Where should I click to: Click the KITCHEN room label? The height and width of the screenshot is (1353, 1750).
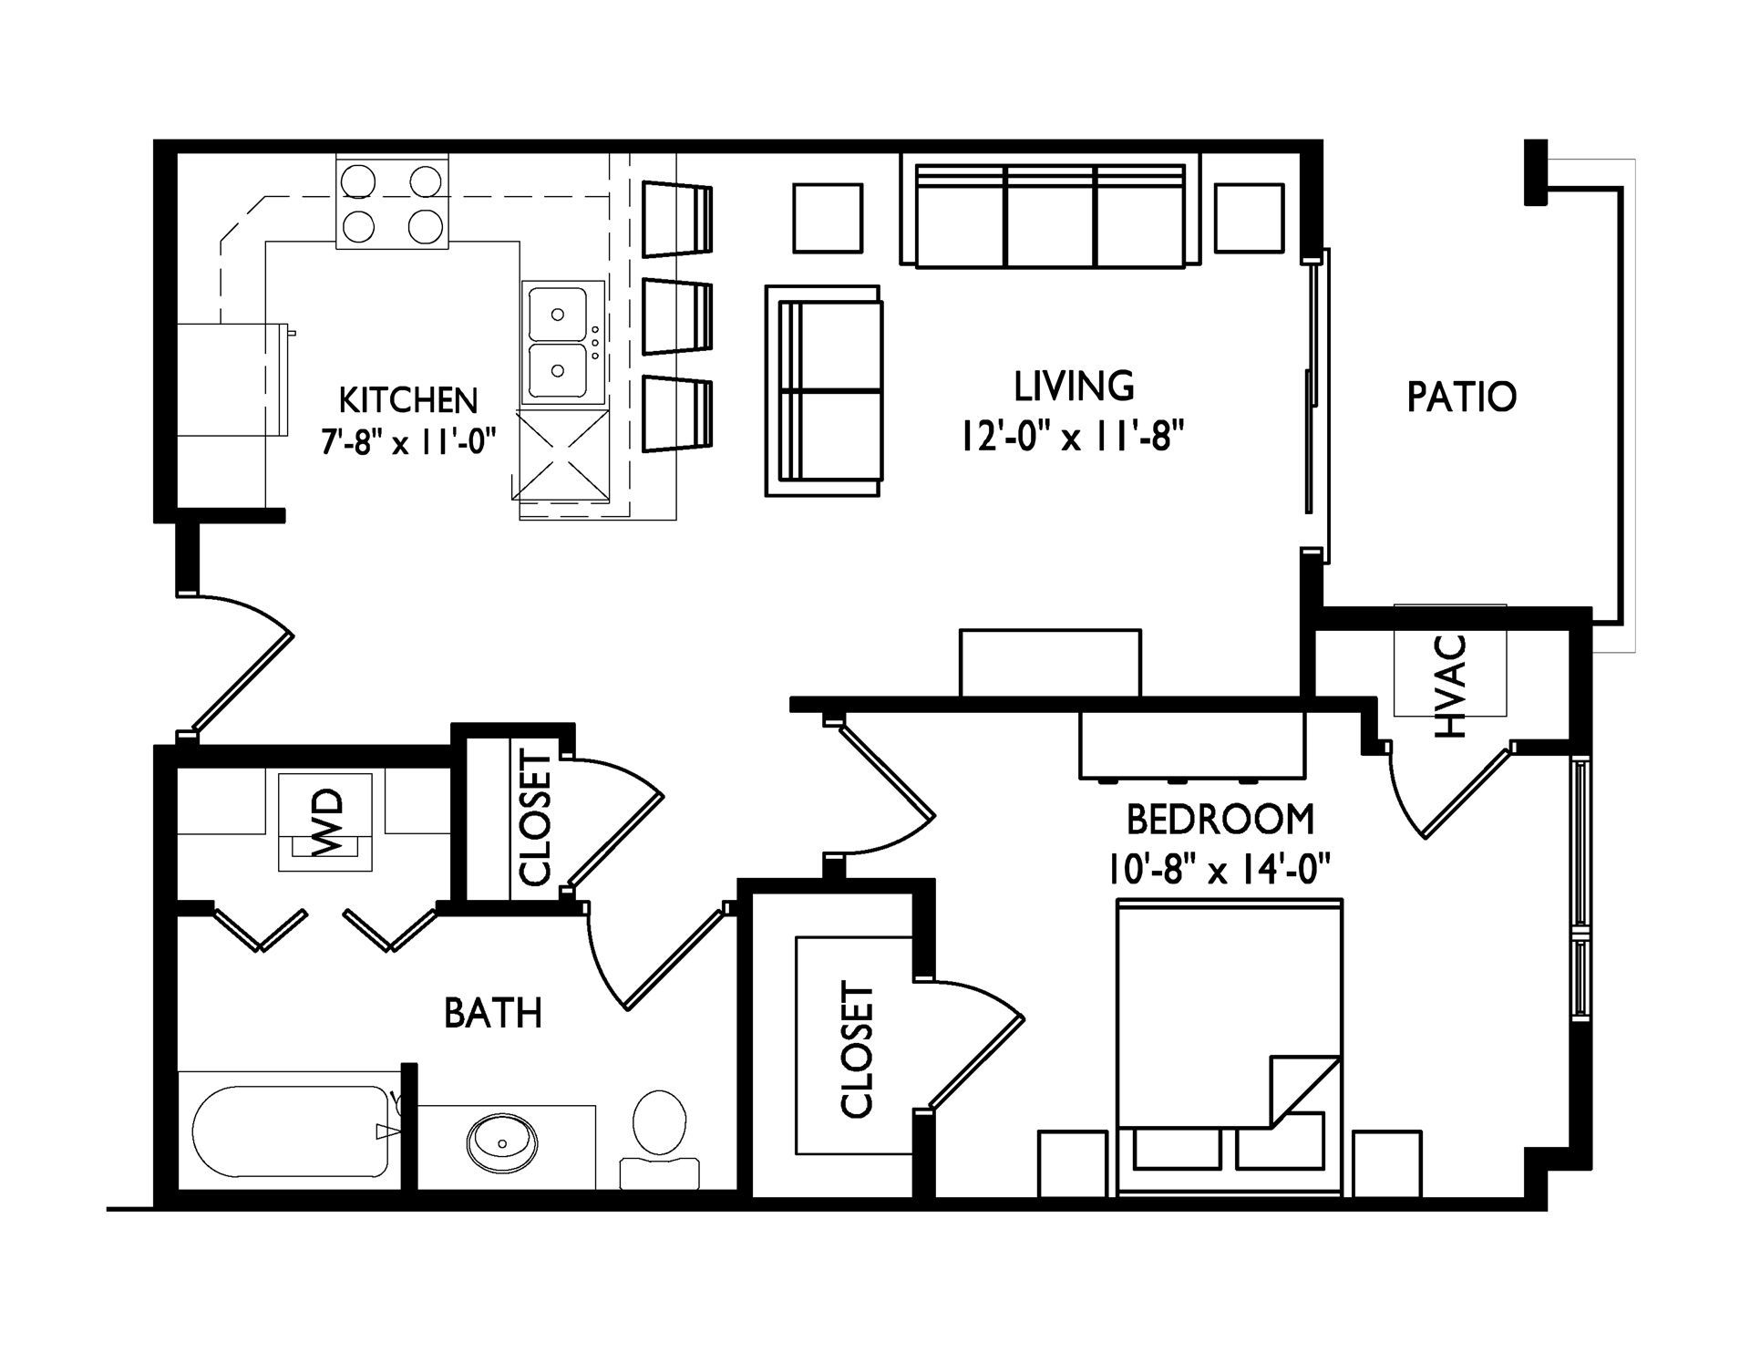point(408,400)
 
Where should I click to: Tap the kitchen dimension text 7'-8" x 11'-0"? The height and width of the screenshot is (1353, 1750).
point(408,442)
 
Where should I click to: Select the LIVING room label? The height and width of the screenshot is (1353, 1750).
point(1075,387)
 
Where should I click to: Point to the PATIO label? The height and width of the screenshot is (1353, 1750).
point(1462,397)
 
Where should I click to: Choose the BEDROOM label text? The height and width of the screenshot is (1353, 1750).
point(1220,820)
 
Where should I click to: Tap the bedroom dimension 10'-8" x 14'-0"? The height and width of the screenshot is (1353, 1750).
point(1220,869)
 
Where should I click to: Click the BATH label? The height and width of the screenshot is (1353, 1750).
point(493,1013)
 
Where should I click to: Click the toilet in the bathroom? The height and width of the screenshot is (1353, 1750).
point(659,1138)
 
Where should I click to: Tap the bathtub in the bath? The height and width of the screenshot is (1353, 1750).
point(290,1131)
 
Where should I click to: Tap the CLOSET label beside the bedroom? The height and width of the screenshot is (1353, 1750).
point(858,1049)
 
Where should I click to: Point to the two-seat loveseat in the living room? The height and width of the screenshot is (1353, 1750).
point(823,391)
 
